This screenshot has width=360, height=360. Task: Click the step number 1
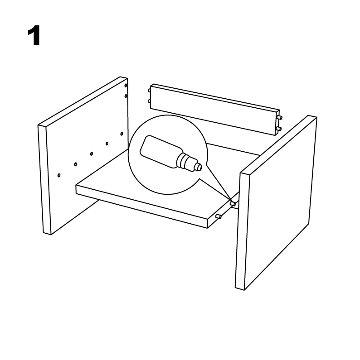click(x=34, y=36)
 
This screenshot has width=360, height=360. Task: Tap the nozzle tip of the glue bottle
click(x=199, y=167)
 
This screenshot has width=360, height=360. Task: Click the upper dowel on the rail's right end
click(x=280, y=117)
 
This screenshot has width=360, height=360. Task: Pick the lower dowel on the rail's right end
click(x=279, y=129)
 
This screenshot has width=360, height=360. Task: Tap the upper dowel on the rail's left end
click(x=150, y=91)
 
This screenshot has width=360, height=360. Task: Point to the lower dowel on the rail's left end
click(x=150, y=101)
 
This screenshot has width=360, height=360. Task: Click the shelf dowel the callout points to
click(x=233, y=203)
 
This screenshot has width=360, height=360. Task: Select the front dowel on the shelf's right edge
click(x=219, y=216)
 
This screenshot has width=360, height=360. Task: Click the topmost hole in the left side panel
click(x=126, y=86)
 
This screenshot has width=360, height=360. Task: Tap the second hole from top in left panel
click(x=126, y=96)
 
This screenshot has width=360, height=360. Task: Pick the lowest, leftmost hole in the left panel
click(x=59, y=175)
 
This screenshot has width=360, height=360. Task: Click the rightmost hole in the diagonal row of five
click(x=122, y=134)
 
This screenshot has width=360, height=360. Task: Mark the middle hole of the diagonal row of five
click(x=92, y=154)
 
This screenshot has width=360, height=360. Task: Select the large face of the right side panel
click(x=279, y=202)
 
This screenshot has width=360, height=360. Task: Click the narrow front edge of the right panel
click(x=242, y=231)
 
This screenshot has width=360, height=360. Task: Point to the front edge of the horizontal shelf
click(x=141, y=206)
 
